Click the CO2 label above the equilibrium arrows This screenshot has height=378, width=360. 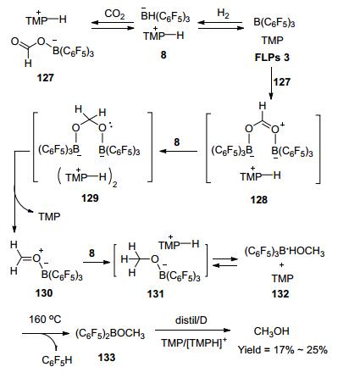point(114,14)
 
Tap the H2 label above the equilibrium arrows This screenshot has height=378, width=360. point(223,14)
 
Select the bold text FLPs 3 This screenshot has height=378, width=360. point(272,58)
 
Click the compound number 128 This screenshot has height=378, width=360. point(258,200)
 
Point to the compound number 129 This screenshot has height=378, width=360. point(90,197)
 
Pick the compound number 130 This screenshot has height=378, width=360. point(44,293)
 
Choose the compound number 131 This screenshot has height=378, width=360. point(155,294)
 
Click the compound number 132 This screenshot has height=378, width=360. point(280,294)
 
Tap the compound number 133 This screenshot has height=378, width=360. point(107,358)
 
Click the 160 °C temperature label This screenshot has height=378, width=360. point(45,320)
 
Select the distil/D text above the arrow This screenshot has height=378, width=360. point(191,320)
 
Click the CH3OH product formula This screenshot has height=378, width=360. point(272,331)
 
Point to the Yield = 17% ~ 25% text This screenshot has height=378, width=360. point(282,350)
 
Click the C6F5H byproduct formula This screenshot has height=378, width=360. point(57,360)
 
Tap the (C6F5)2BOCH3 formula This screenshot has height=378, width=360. point(110,334)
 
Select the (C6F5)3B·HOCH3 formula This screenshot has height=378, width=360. point(285,251)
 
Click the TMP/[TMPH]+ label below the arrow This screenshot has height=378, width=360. point(194,342)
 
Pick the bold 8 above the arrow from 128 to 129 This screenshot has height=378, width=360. point(177,142)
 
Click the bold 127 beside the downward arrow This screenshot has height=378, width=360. point(282,82)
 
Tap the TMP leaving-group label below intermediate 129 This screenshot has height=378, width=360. point(49,217)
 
